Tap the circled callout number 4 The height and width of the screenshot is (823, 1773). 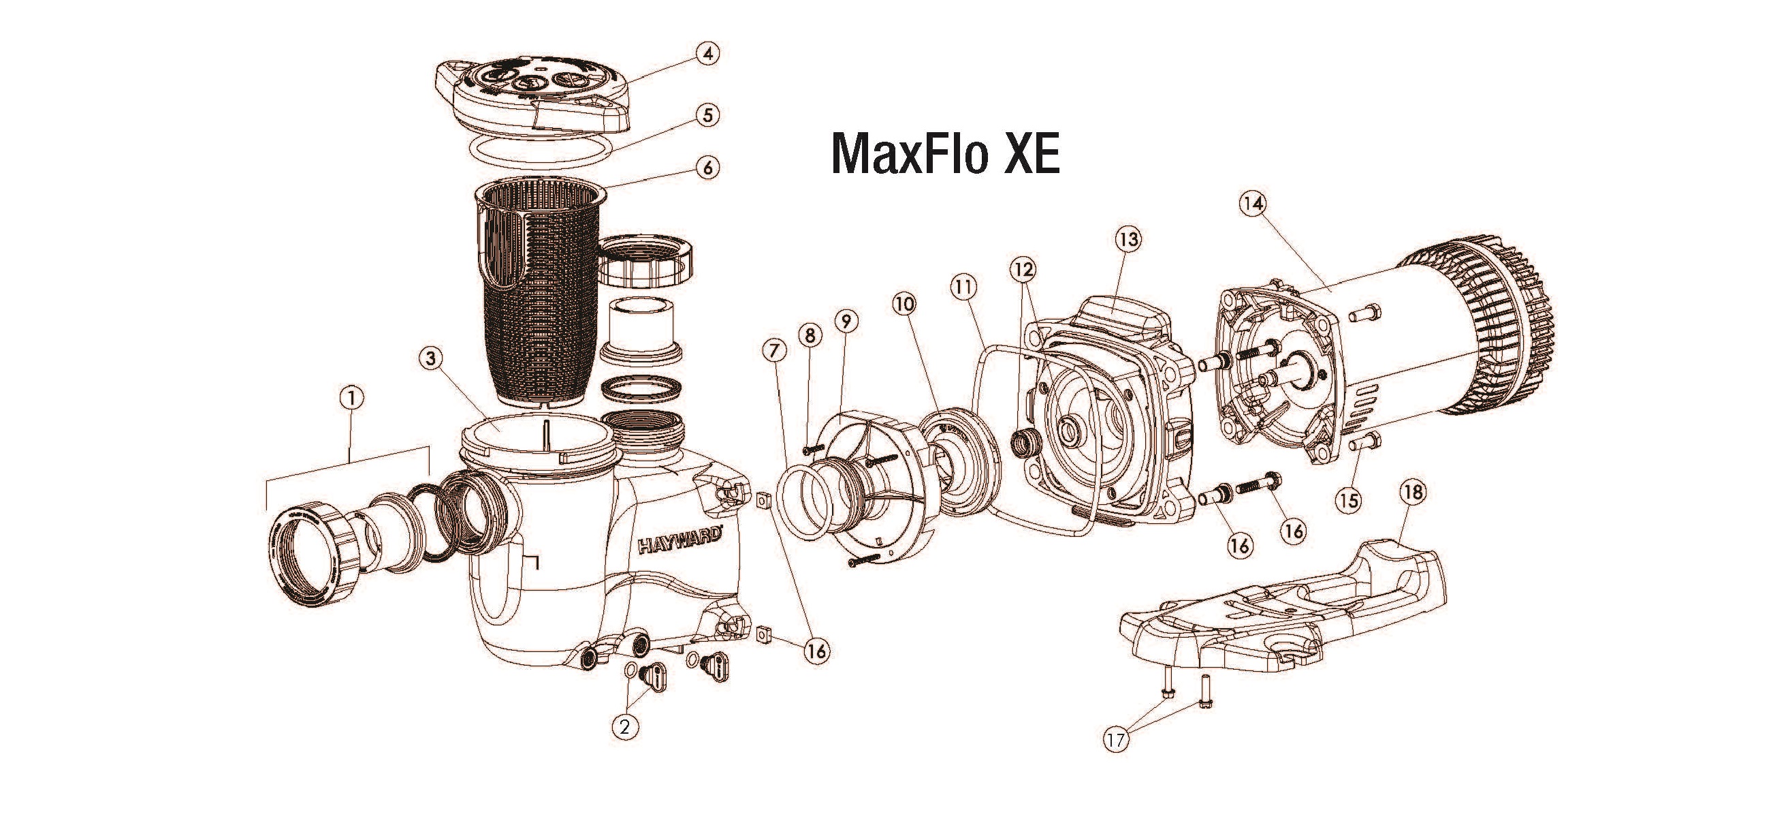[x=707, y=53]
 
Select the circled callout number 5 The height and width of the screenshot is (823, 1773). [x=707, y=115]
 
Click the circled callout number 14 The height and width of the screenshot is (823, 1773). [x=1254, y=203]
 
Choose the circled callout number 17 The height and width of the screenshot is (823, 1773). [x=1117, y=760]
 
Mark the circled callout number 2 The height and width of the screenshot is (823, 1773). [x=624, y=726]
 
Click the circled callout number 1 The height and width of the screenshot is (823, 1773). [x=352, y=397]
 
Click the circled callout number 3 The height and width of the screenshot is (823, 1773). [x=430, y=358]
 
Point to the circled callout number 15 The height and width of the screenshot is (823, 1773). [x=1348, y=500]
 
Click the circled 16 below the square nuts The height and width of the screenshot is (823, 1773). [x=816, y=651]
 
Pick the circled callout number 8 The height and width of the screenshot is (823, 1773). [x=810, y=335]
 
